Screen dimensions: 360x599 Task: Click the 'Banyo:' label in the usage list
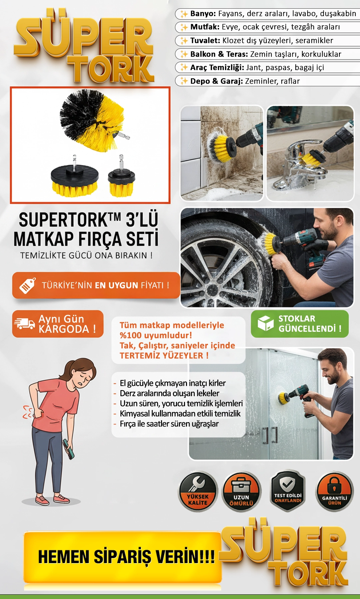(203, 14)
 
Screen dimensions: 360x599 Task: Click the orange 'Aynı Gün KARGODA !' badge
(58, 324)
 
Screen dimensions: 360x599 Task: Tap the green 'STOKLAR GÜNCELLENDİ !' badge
(300, 324)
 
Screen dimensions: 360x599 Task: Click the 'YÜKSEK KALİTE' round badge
(198, 491)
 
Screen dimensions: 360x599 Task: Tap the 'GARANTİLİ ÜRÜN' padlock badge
(334, 491)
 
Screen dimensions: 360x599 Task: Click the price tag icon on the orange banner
(28, 286)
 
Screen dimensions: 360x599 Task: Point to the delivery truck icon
(24, 323)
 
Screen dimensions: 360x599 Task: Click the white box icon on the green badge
(266, 323)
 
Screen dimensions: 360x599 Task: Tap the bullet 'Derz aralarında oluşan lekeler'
(170, 393)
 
